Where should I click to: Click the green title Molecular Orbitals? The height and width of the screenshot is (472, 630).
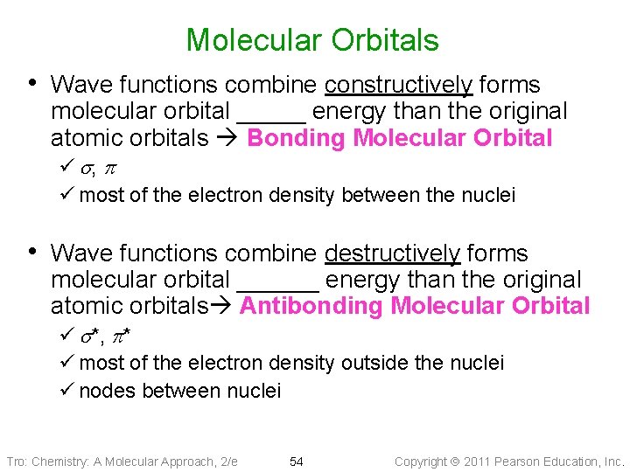tap(312, 40)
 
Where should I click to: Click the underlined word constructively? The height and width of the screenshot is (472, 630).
tap(398, 85)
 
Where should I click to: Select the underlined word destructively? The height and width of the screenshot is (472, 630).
tap(392, 253)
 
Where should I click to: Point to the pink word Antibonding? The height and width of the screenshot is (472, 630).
tap(311, 306)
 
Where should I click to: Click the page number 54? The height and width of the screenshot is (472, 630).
tap(296, 462)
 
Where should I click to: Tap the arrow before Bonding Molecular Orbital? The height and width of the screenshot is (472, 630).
tap(228, 138)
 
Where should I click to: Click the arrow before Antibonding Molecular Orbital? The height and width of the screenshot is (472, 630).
tap(223, 306)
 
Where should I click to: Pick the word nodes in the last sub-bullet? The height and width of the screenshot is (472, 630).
tap(104, 391)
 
